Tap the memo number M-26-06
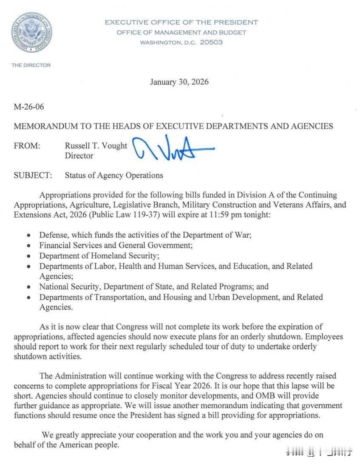[x=29, y=106]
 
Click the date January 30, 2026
[x=179, y=82]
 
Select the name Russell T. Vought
[x=96, y=145]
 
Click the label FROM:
[x=27, y=145]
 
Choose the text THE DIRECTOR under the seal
[x=31, y=65]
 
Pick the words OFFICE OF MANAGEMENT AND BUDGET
[x=181, y=32]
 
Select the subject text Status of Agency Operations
[x=114, y=175]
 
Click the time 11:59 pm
[x=221, y=214]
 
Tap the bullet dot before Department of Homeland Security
[x=28, y=256]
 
